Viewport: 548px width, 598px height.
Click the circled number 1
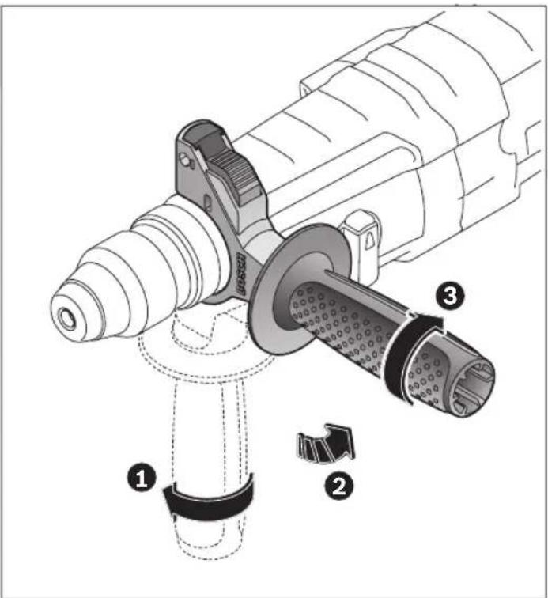coord(143,479)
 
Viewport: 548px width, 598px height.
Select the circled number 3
coord(449,297)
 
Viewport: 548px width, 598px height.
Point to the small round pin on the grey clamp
coord(188,161)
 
